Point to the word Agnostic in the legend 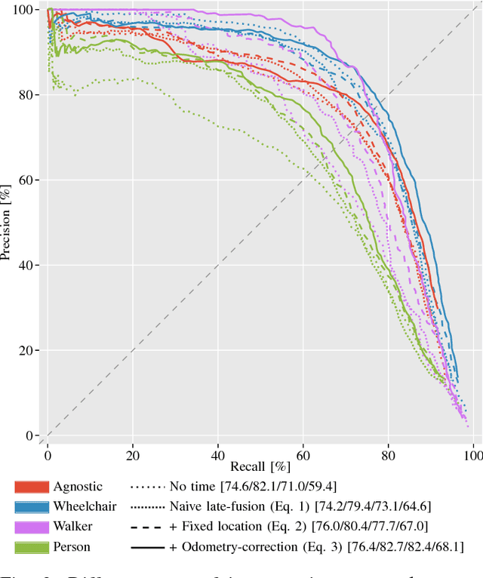pos(77,487)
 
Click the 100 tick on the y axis pos(24,10)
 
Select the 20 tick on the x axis pos(133,457)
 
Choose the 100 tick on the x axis pos(472,457)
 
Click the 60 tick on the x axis pos(303,457)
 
